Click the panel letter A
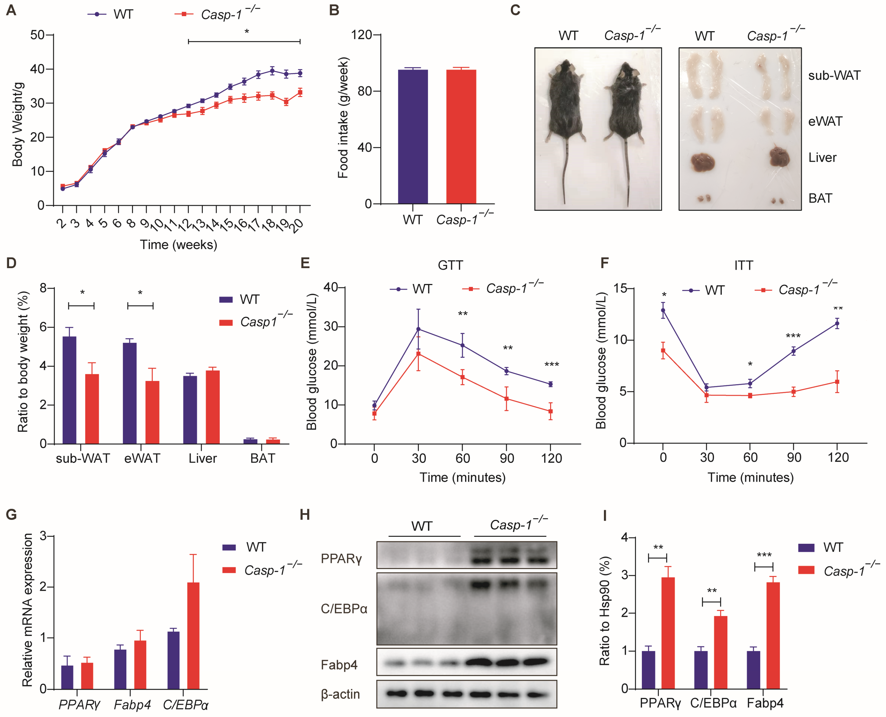[x=11, y=10]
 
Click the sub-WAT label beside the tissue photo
[x=834, y=76]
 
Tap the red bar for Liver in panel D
[x=213, y=407]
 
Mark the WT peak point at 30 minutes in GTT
[x=418, y=329]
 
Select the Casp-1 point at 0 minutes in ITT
[x=663, y=351]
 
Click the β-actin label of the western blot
[x=340, y=694]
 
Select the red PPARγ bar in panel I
[x=668, y=633]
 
